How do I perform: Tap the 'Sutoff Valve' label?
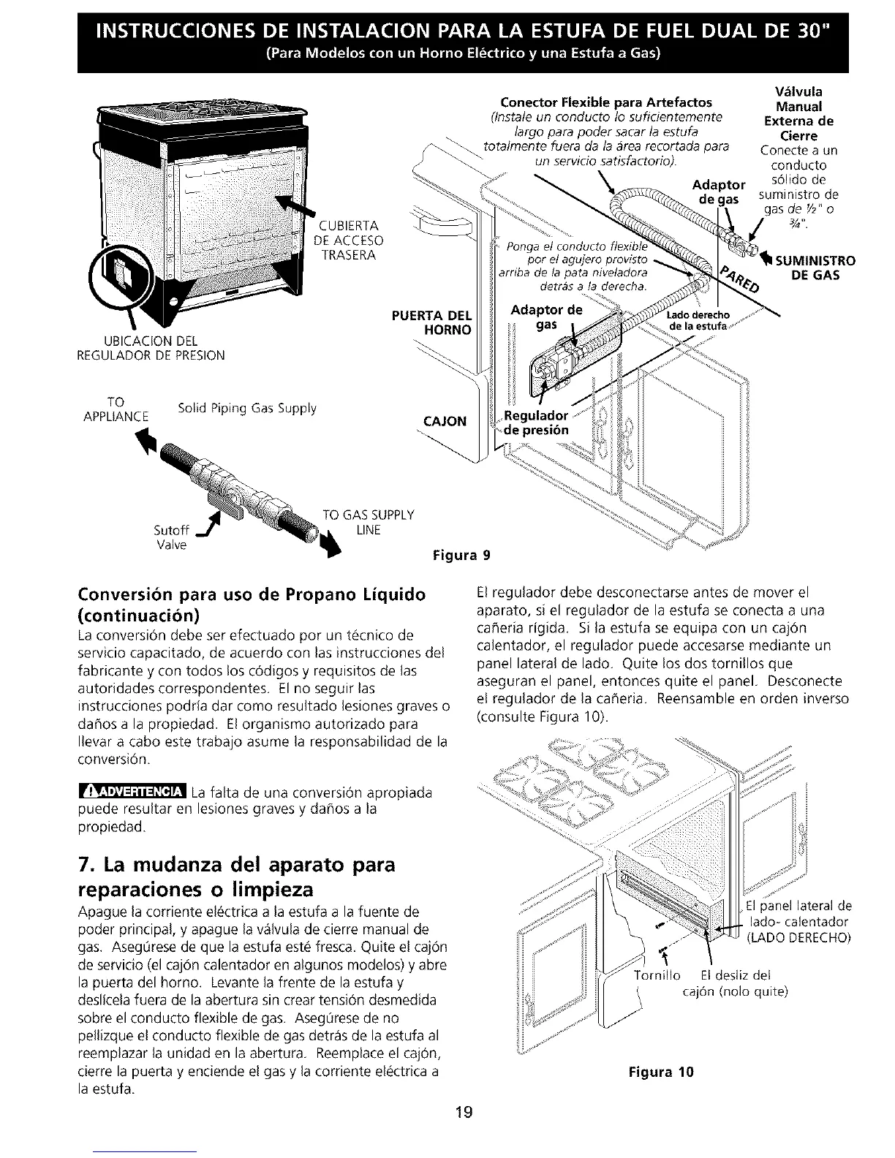pos(173,537)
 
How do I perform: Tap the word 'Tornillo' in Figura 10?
pos(657,975)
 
